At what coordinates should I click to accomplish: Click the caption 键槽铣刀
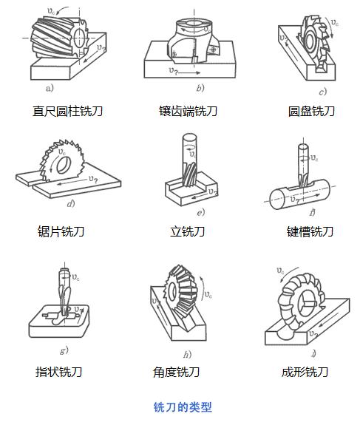310,231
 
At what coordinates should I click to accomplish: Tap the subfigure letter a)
50,88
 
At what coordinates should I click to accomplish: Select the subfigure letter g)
64,350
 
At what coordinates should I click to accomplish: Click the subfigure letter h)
187,354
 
